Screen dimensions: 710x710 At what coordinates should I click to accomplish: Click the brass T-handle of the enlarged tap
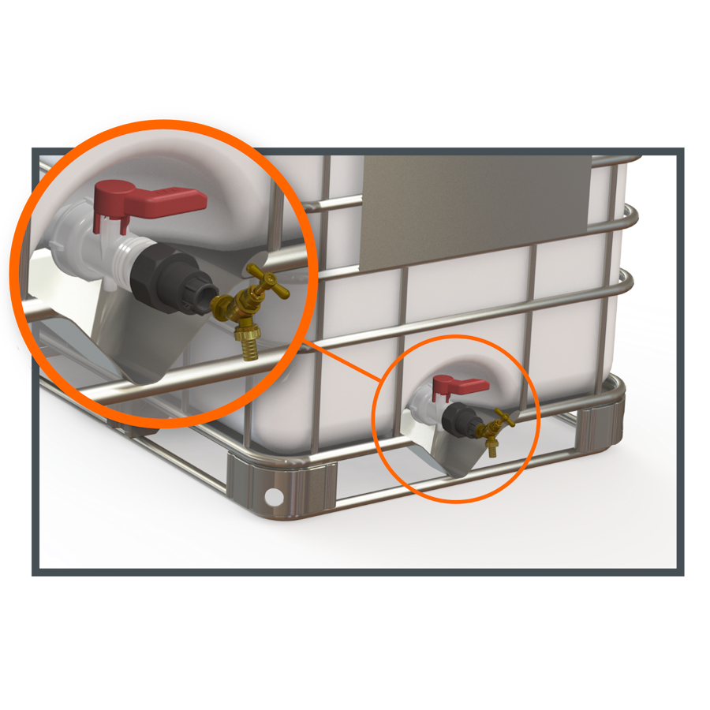pyautogui.click(x=268, y=280)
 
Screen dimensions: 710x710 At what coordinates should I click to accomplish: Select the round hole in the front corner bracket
pyautogui.click(x=274, y=496)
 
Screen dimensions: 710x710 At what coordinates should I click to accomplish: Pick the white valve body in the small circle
pyautogui.click(x=422, y=406)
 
